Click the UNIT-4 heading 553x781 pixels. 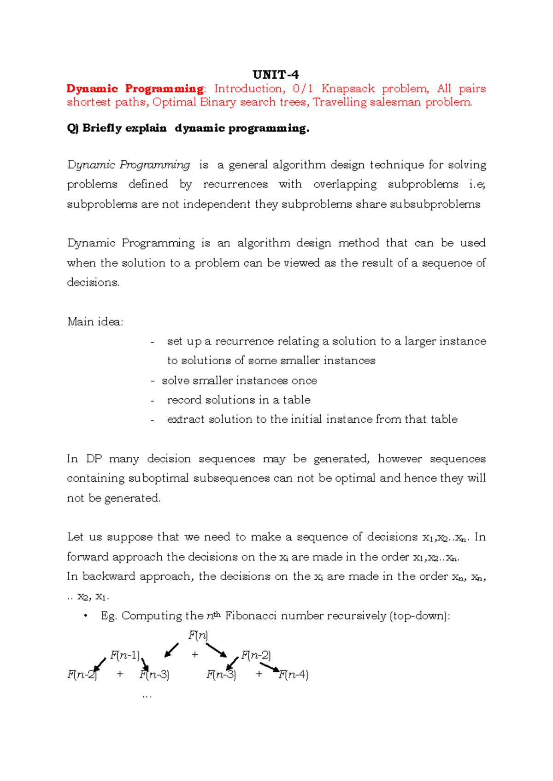point(276,75)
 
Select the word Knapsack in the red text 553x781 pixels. point(348,88)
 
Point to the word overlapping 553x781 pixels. point(345,184)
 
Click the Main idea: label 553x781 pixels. point(95,321)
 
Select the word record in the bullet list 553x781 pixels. point(184,400)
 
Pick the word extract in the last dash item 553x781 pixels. point(185,419)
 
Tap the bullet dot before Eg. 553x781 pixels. point(85,616)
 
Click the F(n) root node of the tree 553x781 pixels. point(198,635)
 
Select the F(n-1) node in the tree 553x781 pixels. point(124,655)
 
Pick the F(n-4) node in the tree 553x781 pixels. point(294,675)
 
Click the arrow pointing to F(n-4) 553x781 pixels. point(270,667)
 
